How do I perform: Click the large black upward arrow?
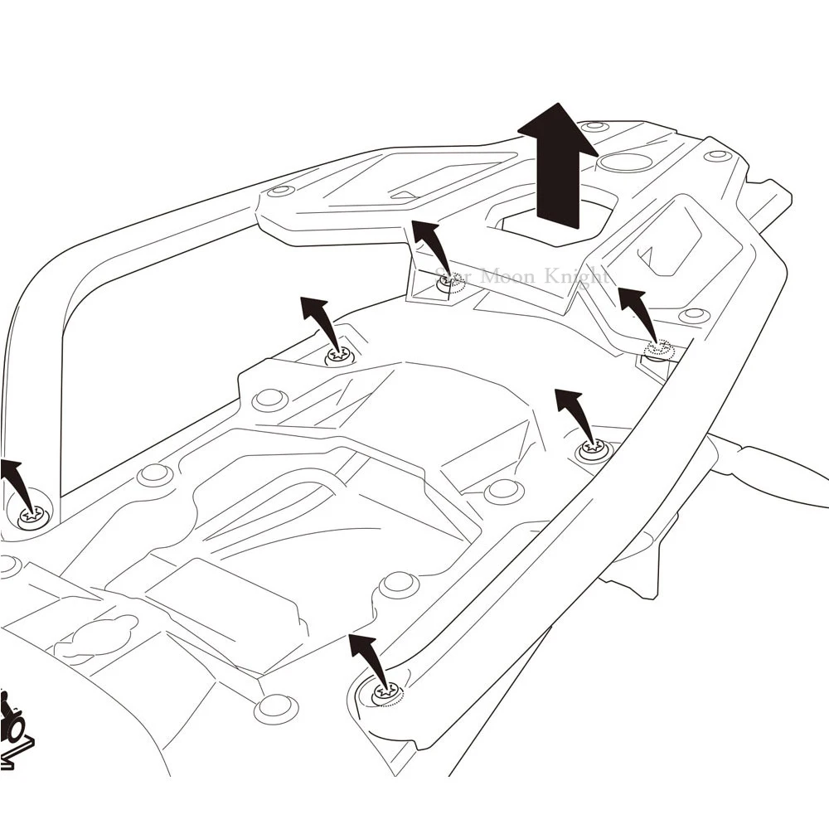click(x=557, y=166)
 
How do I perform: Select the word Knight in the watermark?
click(x=578, y=276)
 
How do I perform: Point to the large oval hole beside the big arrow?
click(x=625, y=162)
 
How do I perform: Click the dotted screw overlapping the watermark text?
click(x=450, y=282)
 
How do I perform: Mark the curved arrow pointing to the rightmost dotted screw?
click(x=639, y=311)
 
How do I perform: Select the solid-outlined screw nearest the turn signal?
click(x=594, y=450)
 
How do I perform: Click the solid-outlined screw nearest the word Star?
click(x=339, y=356)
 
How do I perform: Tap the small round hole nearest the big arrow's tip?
click(x=594, y=127)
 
